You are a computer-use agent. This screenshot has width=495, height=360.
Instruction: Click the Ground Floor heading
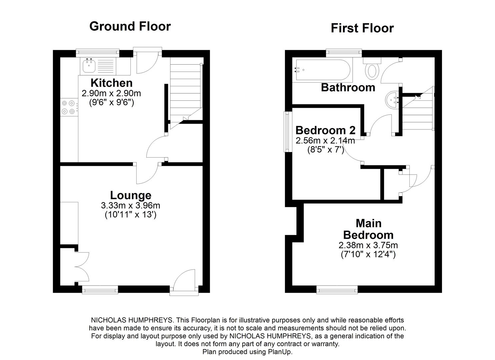130,26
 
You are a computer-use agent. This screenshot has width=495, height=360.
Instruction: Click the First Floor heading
362,28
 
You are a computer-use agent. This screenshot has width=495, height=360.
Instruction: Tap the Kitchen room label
111,83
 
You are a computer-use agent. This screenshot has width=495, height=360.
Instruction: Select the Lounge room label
131,195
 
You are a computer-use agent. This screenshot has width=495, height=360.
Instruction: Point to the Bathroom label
348,87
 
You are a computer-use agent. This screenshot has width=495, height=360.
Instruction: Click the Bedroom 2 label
325,130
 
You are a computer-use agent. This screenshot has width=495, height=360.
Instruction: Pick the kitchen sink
89,66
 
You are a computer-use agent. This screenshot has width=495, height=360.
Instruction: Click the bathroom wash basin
393,99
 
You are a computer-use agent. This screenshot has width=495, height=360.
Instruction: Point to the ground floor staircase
185,90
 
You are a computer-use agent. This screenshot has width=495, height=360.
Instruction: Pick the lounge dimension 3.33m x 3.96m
131,206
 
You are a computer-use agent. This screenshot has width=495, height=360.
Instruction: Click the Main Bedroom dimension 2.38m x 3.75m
368,245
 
